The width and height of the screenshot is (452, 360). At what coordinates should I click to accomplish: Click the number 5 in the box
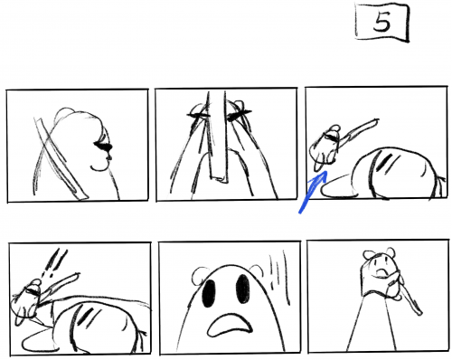point(382,23)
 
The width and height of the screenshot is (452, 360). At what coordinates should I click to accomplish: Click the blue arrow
point(314,192)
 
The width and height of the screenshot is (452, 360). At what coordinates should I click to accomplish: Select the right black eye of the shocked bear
point(242,289)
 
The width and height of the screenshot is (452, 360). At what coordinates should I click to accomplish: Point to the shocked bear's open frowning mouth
point(230,325)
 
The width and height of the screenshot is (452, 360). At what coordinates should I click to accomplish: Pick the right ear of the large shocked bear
point(256,270)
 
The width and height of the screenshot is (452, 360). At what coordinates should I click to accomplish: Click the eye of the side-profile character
point(103,147)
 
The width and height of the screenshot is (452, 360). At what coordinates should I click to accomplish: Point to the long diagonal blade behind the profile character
point(61,158)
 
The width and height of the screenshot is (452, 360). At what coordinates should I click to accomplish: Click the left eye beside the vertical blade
point(198,115)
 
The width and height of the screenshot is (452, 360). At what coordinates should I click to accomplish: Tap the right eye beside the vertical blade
point(239,115)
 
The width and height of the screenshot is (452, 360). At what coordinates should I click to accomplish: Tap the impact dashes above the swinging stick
point(56,262)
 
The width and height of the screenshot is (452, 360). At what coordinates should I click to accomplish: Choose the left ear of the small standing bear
point(368,255)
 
